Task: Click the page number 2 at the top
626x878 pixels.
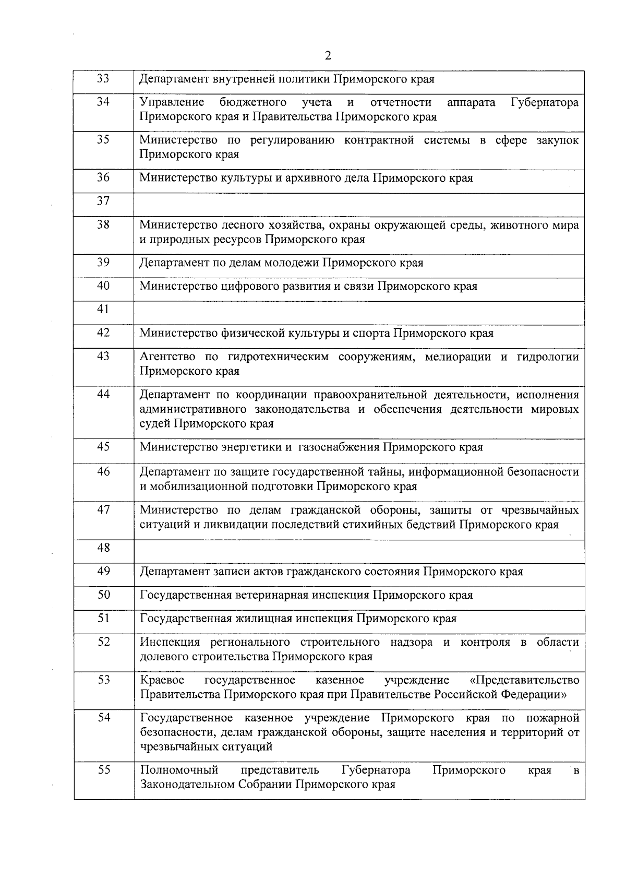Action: point(328,56)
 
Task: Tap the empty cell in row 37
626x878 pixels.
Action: point(359,204)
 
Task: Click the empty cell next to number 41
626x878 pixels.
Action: point(359,313)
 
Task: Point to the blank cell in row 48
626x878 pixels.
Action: point(359,551)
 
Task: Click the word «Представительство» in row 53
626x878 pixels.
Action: point(524,680)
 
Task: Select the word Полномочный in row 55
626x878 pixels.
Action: point(179,770)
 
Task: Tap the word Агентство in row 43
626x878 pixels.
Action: point(167,357)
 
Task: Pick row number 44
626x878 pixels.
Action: point(103,395)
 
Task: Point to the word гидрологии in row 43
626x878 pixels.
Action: point(548,357)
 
